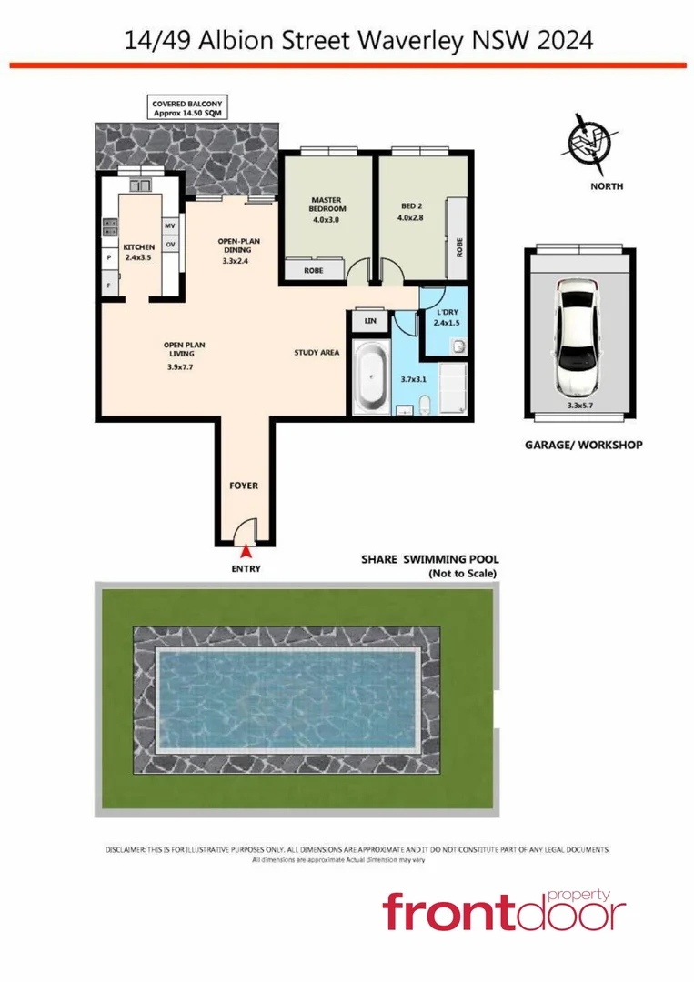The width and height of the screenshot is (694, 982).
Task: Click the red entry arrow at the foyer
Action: pyautogui.click(x=246, y=550)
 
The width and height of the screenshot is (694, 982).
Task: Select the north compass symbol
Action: pyautogui.click(x=592, y=146)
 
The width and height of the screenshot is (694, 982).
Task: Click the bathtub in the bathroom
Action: pyautogui.click(x=369, y=377)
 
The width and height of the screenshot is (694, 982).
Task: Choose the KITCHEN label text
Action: pyautogui.click(x=139, y=246)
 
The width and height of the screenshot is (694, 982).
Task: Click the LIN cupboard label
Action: pyautogui.click(x=369, y=321)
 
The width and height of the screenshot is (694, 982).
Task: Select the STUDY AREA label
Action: pyautogui.click(x=317, y=353)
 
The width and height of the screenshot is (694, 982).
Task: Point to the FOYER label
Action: pyautogui.click(x=243, y=486)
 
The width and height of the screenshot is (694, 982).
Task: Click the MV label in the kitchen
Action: pyautogui.click(x=169, y=225)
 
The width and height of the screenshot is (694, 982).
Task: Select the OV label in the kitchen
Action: pyautogui.click(x=169, y=245)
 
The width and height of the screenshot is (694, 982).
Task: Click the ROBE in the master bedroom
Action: pyautogui.click(x=313, y=270)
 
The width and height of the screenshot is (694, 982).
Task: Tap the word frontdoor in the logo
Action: pyautogui.click(x=505, y=912)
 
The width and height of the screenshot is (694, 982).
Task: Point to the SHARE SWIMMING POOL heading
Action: pyautogui.click(x=430, y=560)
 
